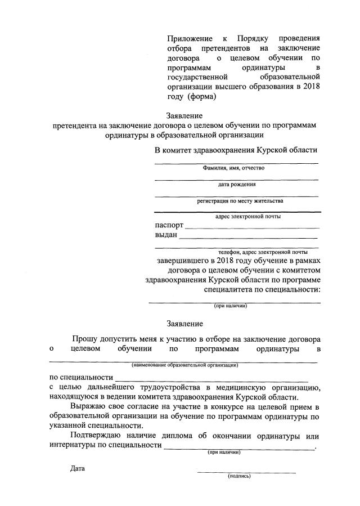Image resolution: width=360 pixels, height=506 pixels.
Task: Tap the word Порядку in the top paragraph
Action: (x=255, y=39)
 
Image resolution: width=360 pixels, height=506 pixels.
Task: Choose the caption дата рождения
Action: (x=237, y=184)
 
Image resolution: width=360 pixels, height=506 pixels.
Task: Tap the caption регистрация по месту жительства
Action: (x=240, y=200)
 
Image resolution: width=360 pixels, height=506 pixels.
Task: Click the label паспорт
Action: (x=169, y=225)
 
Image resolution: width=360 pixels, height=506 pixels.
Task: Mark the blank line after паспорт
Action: (x=252, y=228)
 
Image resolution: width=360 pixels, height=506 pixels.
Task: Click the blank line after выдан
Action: (x=249, y=238)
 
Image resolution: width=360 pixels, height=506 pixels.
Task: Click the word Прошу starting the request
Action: (x=84, y=339)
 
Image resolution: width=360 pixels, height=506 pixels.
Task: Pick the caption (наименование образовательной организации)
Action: (x=185, y=365)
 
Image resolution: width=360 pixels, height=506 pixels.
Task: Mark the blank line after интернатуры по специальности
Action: (x=239, y=449)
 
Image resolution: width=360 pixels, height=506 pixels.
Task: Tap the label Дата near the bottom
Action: (x=78, y=468)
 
